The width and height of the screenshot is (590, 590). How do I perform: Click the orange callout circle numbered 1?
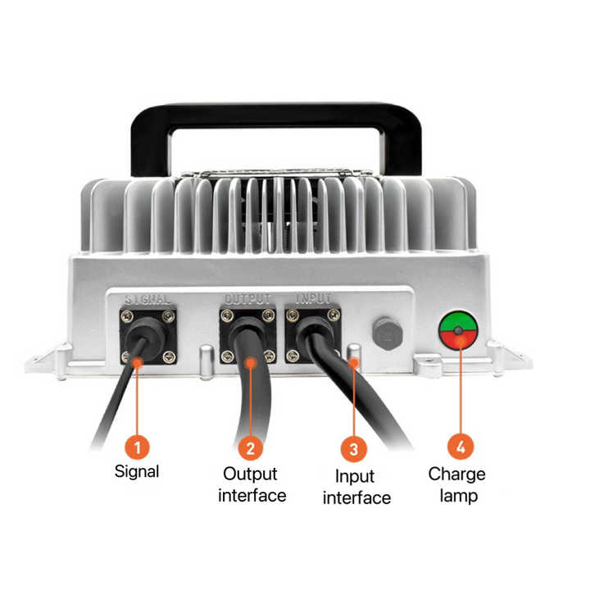pos(138,447)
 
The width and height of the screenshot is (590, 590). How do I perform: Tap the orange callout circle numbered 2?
pos(250,447)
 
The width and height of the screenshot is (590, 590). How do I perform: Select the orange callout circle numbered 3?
pos(352,449)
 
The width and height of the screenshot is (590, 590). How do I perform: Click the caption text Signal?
pos(137,471)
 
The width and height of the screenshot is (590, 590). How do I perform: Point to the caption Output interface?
pos(252,485)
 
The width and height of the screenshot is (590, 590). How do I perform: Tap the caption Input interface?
pos(356,488)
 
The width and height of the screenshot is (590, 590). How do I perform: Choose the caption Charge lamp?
pos(457,485)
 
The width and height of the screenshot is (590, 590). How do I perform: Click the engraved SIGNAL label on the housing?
pos(147,299)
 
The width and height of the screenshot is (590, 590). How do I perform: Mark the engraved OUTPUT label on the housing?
pos(247,299)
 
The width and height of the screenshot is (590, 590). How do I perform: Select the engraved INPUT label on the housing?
pos(313,299)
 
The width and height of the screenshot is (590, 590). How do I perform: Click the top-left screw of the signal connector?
pos(127,315)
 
